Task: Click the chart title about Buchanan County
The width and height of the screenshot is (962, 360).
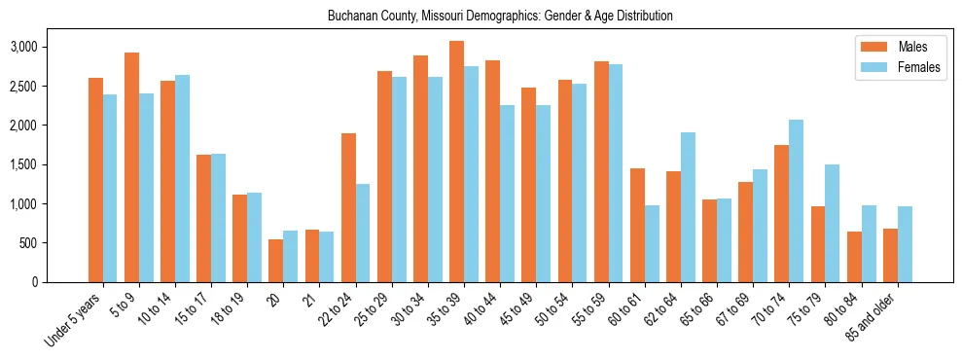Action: click(500, 17)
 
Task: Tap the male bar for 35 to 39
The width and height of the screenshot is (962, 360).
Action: click(456, 162)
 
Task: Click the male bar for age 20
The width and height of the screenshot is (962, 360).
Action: click(275, 261)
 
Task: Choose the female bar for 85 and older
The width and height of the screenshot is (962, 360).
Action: click(905, 244)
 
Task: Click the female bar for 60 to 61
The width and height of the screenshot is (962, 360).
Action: click(651, 243)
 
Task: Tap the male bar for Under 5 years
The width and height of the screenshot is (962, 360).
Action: click(95, 180)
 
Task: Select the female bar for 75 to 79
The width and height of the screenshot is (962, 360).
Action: click(832, 223)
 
